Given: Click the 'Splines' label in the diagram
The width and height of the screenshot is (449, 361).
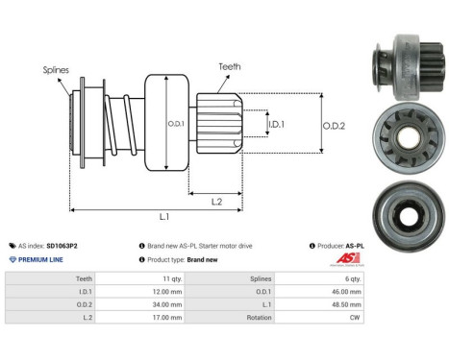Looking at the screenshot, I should [x=55, y=70].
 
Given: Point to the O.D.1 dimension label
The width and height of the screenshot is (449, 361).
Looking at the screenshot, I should [x=175, y=122].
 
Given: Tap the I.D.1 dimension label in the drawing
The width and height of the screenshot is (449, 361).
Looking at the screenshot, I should [x=274, y=124].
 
